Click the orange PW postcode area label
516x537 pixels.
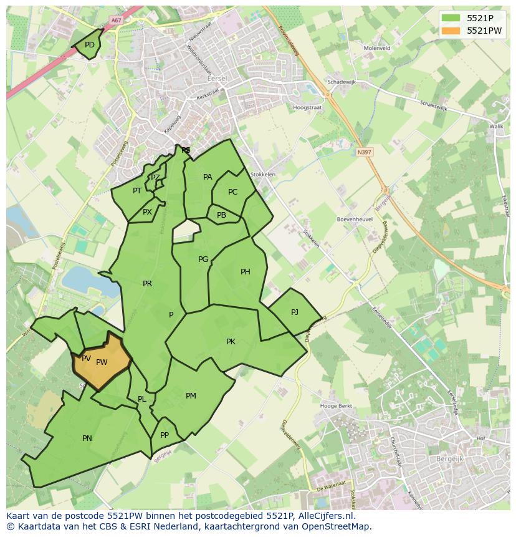tap(102, 362)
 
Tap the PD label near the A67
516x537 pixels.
tap(90, 45)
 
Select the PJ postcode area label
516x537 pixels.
tap(295, 312)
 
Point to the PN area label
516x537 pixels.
tap(87, 438)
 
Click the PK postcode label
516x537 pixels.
tap(231, 342)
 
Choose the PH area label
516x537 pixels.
tap(246, 272)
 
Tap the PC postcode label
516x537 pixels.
tap(232, 192)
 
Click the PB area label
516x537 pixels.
tap(221, 215)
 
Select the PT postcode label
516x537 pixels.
tap(137, 191)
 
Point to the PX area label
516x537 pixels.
tap(147, 212)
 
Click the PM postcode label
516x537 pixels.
tap(191, 396)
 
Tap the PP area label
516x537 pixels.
tap(165, 435)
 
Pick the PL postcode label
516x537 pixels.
tap(142, 399)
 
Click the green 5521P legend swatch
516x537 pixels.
tap(451, 18)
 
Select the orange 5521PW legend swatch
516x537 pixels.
tap(451, 31)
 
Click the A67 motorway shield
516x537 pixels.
tap(115, 21)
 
